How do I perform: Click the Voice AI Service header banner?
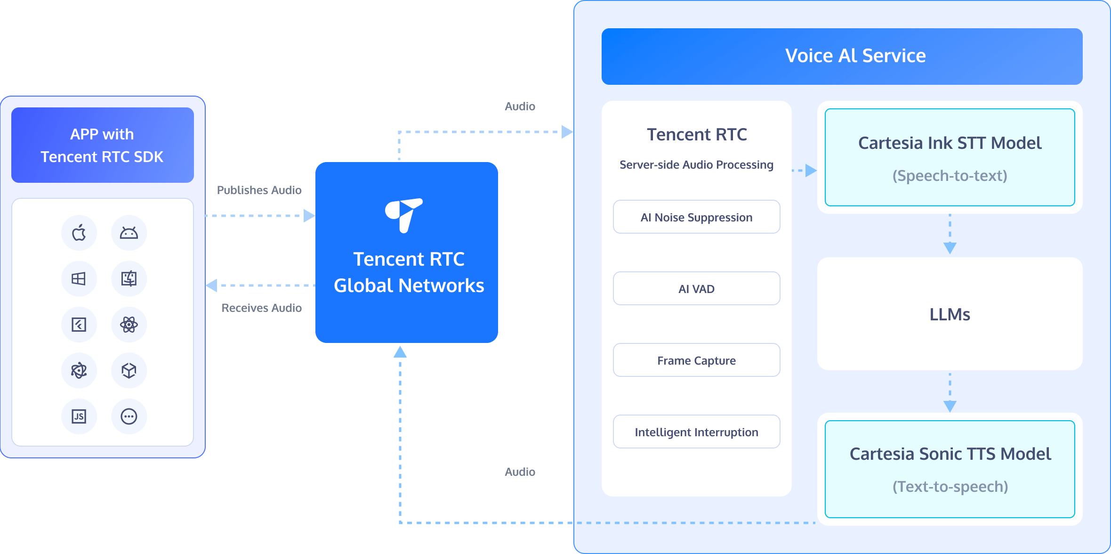click(x=842, y=56)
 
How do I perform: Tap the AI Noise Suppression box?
click(x=696, y=217)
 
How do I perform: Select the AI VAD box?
click(x=696, y=289)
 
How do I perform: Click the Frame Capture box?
click(x=696, y=360)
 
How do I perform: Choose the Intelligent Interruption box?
click(x=696, y=432)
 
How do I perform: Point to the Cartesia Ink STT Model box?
click(x=950, y=157)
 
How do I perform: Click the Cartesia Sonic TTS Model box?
click(x=950, y=469)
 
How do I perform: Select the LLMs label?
click(x=950, y=314)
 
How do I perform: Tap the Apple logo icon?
click(x=79, y=233)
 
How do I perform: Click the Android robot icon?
click(x=129, y=233)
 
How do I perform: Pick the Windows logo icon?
click(x=79, y=279)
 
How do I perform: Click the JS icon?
click(x=79, y=416)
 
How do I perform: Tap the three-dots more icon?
click(x=129, y=416)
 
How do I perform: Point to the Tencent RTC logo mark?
click(x=403, y=215)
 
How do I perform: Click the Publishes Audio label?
click(x=259, y=190)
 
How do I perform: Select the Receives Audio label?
click(x=261, y=308)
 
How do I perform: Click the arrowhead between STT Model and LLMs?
click(x=950, y=248)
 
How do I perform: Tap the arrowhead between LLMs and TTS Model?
click(x=950, y=406)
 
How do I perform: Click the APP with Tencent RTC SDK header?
click(x=102, y=145)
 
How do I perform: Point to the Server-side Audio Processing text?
click(x=696, y=165)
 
